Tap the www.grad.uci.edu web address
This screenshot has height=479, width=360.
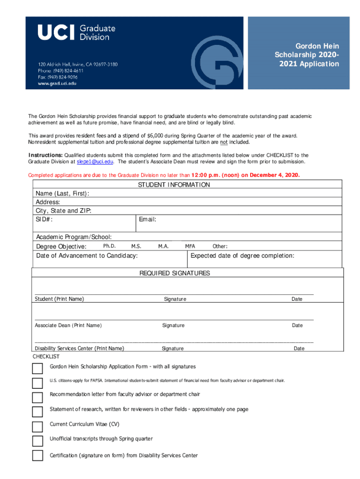click(57, 83)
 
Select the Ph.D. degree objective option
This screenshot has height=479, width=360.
click(109, 246)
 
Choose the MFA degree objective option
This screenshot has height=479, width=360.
click(190, 246)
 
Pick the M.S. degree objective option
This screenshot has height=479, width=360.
click(137, 246)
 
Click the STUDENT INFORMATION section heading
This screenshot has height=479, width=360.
click(174, 185)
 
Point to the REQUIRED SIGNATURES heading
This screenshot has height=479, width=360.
click(175, 273)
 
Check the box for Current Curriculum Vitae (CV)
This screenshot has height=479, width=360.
click(37, 427)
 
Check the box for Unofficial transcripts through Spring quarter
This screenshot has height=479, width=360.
click(37, 441)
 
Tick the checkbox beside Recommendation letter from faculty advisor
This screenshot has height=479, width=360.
click(37, 398)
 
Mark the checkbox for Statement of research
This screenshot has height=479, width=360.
click(37, 412)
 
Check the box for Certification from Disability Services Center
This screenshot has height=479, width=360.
click(37, 456)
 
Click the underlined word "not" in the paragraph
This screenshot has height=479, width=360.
click(224, 142)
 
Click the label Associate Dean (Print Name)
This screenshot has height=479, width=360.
click(68, 326)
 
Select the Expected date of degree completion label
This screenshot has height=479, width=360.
click(242, 256)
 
